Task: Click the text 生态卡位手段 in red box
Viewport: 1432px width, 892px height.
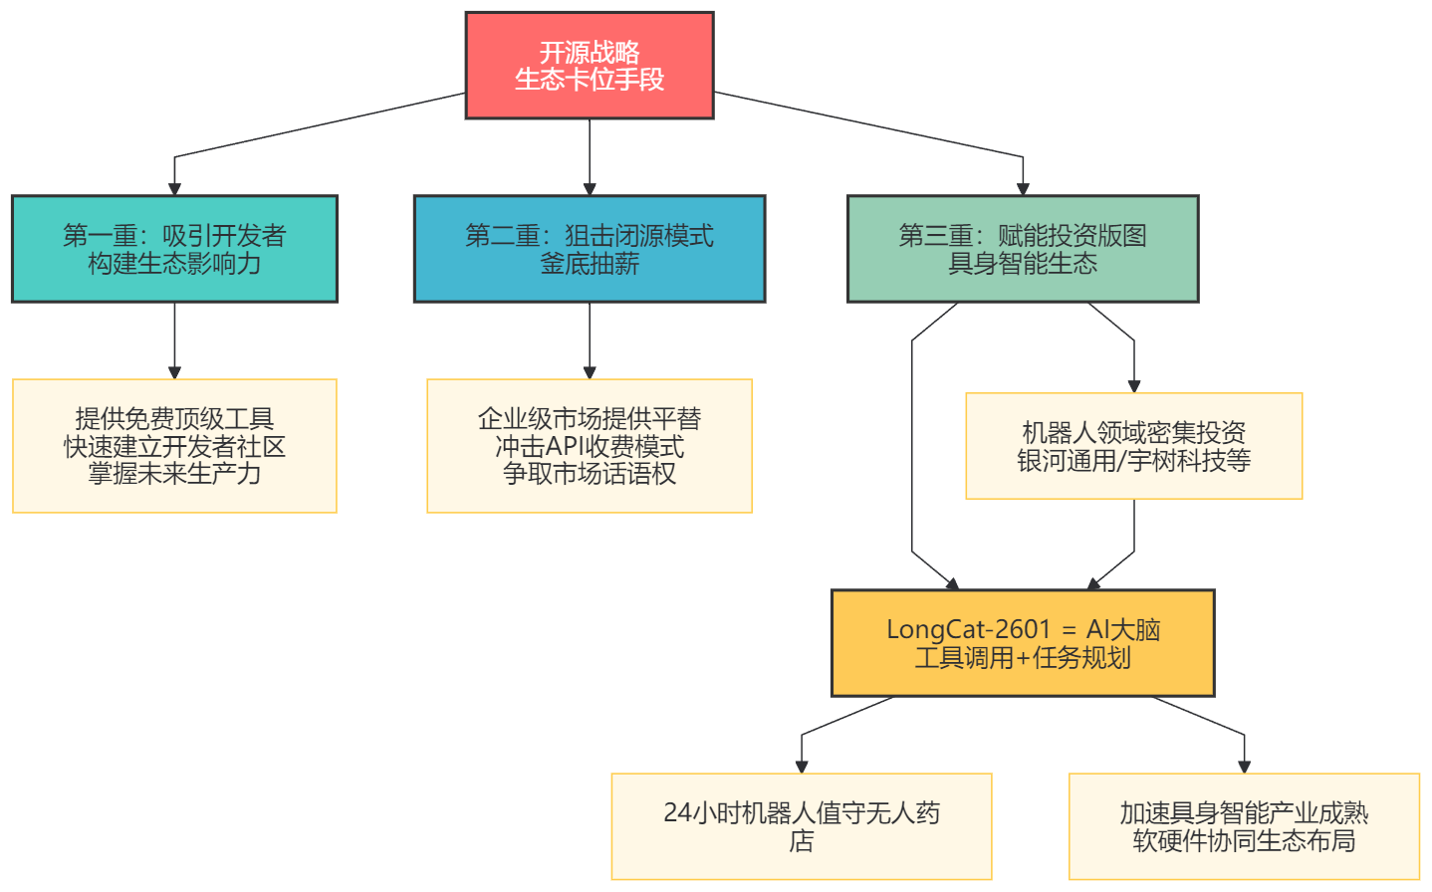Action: [589, 80]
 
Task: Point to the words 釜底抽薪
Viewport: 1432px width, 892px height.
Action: [589, 264]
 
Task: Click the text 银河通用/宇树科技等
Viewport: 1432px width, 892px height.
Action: [1133, 461]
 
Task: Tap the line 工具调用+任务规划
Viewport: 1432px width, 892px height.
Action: [1023, 658]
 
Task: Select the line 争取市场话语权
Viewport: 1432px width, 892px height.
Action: [589, 474]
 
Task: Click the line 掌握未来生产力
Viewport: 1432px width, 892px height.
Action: [174, 474]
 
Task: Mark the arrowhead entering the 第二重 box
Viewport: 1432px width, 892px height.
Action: [589, 188]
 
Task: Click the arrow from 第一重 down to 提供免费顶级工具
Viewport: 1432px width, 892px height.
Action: [174, 338]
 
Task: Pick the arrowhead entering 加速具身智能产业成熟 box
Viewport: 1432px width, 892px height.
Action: [1244, 766]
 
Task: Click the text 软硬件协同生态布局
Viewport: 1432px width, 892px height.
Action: [1244, 841]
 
